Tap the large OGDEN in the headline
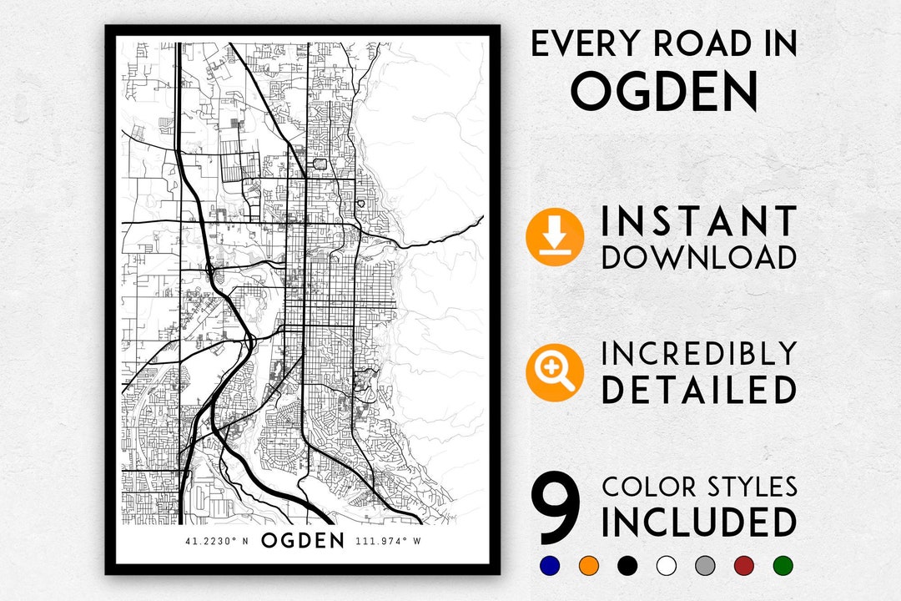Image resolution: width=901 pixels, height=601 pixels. [664, 91]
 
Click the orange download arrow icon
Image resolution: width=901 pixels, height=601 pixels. [554, 238]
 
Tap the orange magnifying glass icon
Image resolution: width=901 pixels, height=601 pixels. [554, 373]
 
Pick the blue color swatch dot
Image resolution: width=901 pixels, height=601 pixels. [549, 566]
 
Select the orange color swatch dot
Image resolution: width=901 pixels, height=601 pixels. [588, 566]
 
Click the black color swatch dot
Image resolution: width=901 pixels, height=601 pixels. [627, 566]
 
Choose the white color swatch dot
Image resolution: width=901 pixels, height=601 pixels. [666, 566]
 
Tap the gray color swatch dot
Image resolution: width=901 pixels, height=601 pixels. [705, 566]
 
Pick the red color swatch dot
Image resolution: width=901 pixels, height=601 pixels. [743, 566]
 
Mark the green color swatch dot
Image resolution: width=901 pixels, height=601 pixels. [783, 566]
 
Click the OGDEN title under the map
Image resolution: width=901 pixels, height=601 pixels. [303, 540]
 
